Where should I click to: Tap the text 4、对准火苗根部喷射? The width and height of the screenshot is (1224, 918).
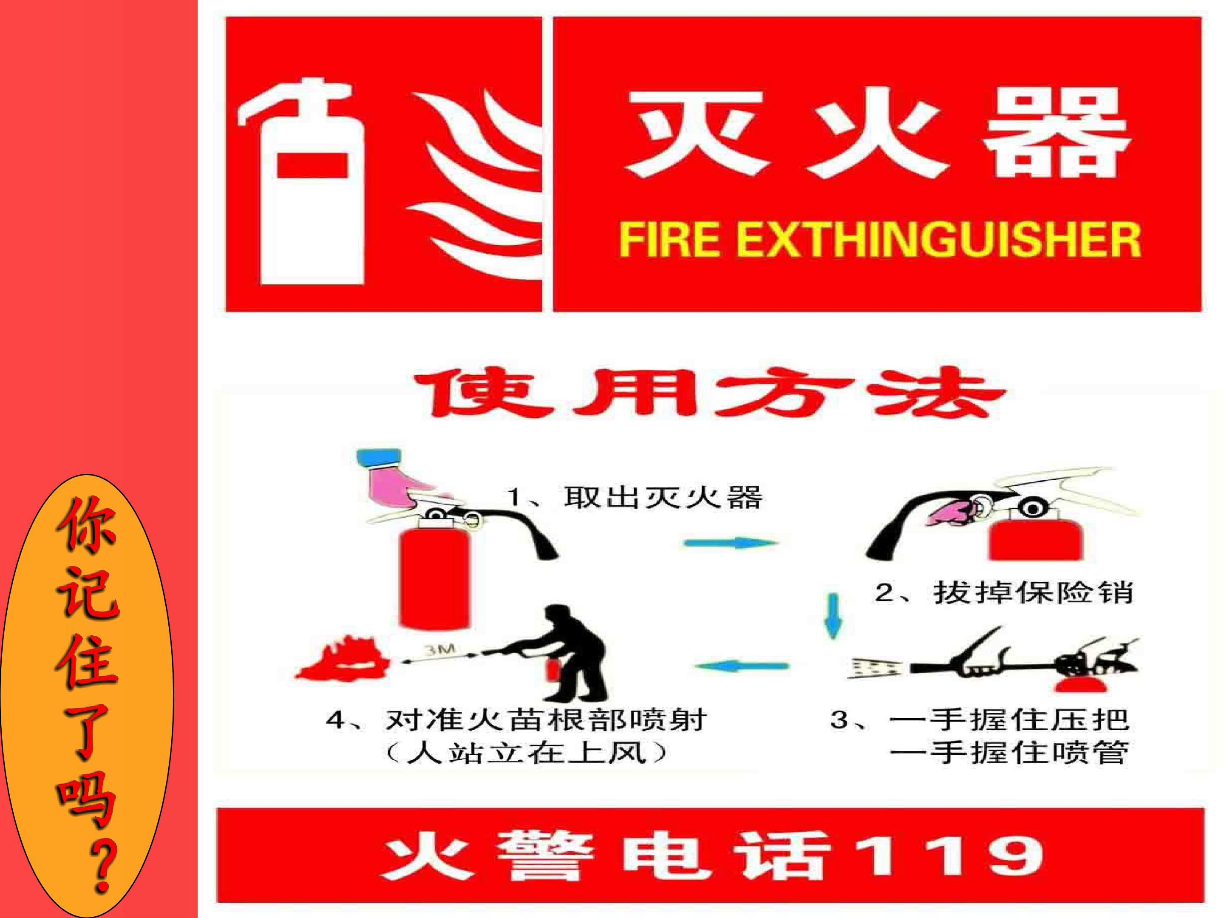pyautogui.click(x=516, y=720)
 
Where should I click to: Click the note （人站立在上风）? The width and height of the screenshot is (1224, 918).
pyautogui.click(x=526, y=754)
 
